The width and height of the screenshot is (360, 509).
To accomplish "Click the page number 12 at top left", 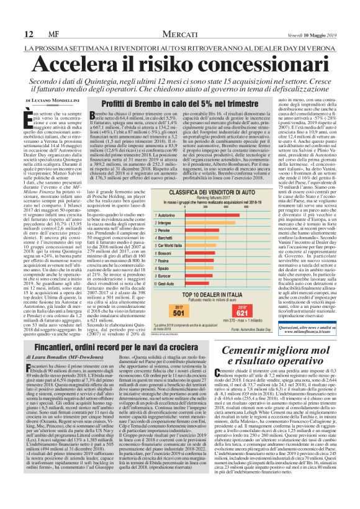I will [28, 34].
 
